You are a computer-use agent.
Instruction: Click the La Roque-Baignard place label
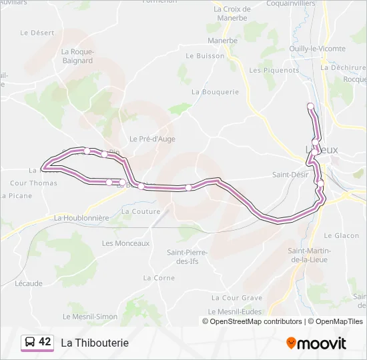click(x=77, y=57)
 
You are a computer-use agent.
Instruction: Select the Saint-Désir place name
click(x=290, y=175)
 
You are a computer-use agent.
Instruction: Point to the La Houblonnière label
click(x=81, y=218)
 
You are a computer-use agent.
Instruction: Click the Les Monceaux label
click(x=125, y=243)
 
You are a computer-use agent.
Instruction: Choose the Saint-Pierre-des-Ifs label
click(x=188, y=257)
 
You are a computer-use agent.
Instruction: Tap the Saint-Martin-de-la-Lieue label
click(x=308, y=255)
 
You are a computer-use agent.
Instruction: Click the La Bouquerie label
click(x=215, y=92)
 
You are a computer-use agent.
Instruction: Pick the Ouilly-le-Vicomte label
click(x=318, y=49)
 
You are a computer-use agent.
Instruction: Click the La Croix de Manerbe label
click(x=232, y=14)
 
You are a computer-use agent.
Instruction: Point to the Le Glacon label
click(x=342, y=235)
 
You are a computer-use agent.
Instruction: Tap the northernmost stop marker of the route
click(x=310, y=106)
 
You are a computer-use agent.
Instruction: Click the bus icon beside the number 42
click(x=29, y=342)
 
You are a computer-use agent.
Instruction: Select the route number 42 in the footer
click(x=45, y=342)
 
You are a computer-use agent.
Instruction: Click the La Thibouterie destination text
click(x=95, y=343)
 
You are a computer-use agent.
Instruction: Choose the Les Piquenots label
click(x=274, y=70)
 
